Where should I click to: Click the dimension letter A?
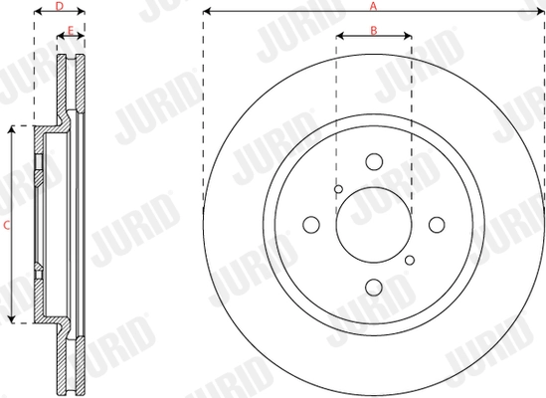374,6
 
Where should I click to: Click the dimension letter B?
374,30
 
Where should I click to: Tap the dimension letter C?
6,225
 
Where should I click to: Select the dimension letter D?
59,6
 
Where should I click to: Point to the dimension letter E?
69,32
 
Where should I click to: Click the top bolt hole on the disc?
374,161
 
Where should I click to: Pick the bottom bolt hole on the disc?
374,287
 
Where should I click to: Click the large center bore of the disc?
374,224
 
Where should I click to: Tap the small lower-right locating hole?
410,260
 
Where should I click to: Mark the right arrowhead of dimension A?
542,12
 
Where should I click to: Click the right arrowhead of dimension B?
410,36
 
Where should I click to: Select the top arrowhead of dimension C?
13,129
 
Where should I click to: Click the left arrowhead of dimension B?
339,36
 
